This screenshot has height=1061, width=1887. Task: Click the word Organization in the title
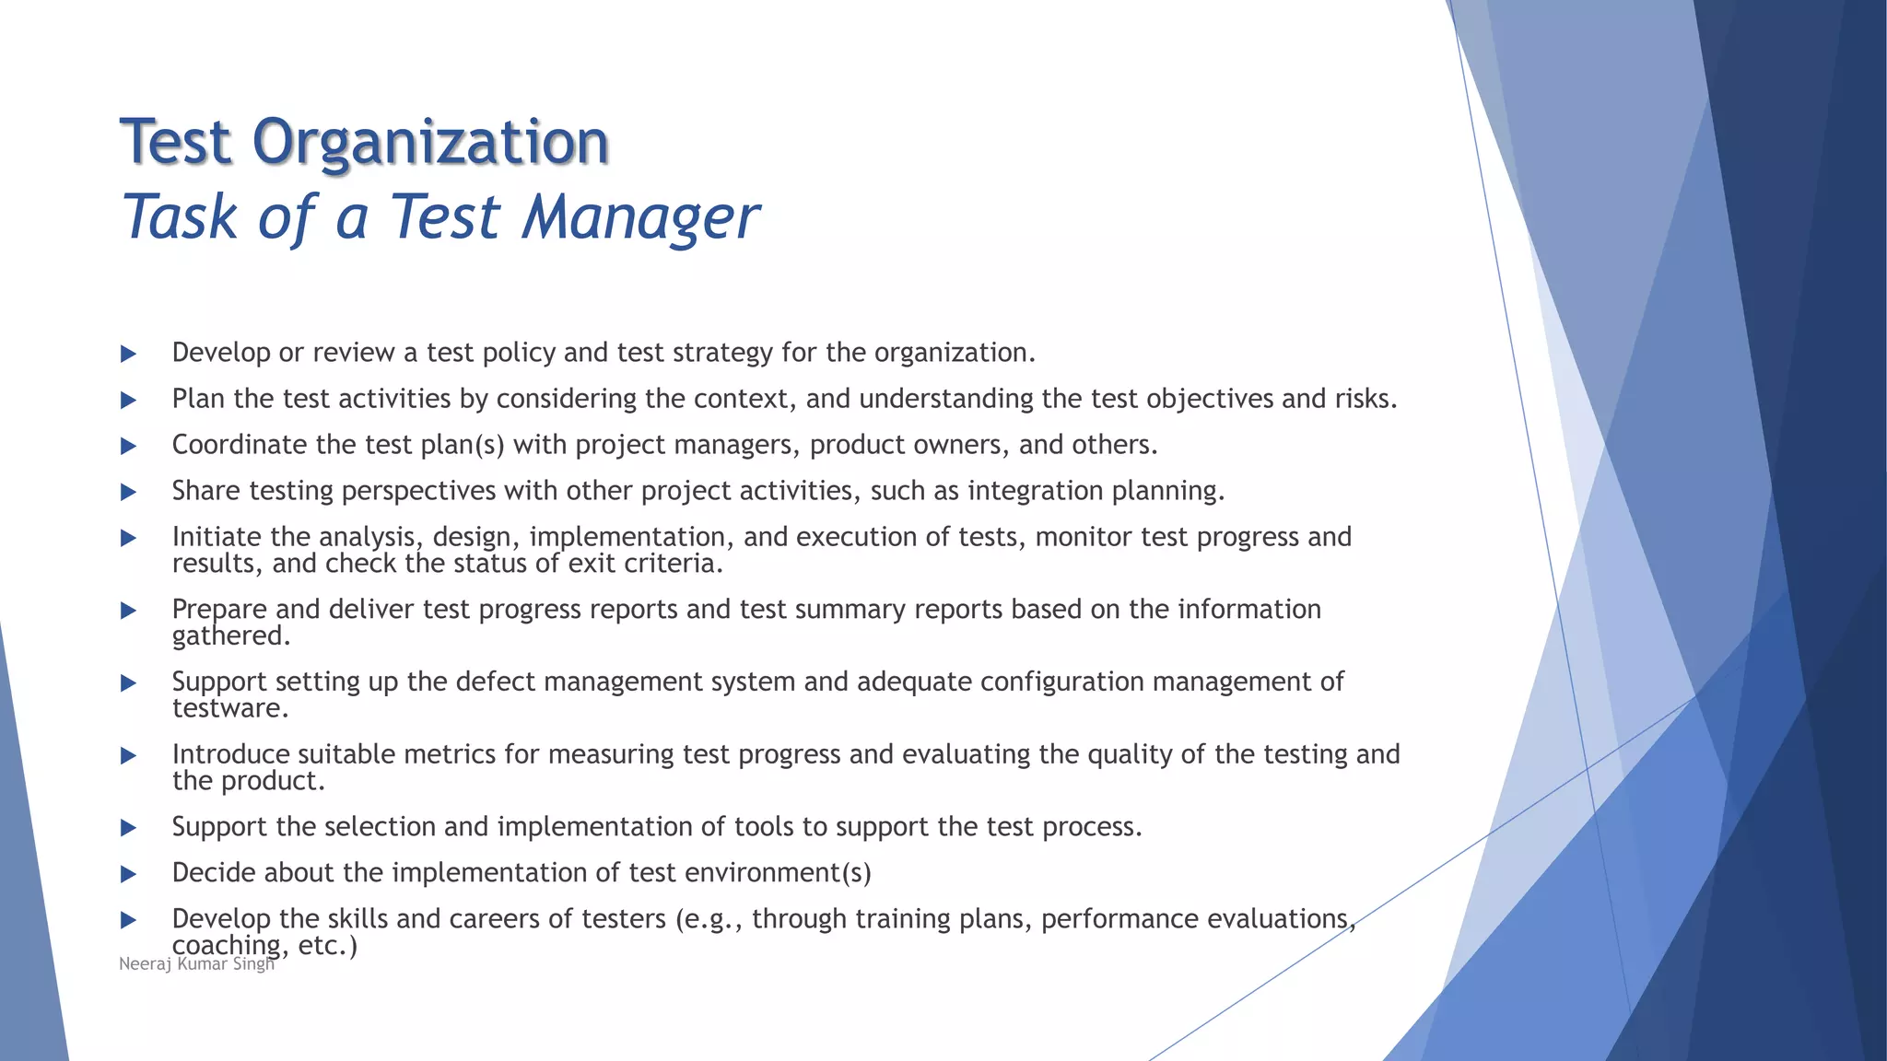point(430,143)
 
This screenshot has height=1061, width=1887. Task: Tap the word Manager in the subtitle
point(640,217)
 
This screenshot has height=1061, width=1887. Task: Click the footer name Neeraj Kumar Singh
point(196,964)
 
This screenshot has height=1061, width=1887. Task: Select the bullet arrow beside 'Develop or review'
point(129,354)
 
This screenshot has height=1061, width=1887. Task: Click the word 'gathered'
point(229,636)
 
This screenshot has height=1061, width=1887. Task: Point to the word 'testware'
point(228,709)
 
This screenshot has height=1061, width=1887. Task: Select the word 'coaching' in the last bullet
point(227,946)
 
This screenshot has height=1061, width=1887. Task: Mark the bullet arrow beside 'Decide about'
point(129,874)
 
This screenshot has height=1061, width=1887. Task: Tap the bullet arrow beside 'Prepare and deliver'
point(129,611)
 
